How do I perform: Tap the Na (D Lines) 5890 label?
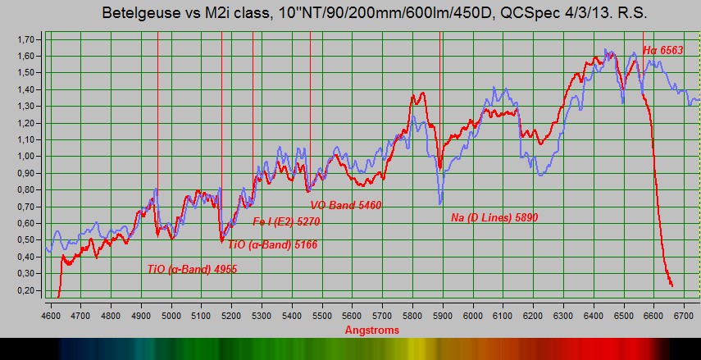click(x=494, y=218)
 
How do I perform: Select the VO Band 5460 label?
click(x=346, y=205)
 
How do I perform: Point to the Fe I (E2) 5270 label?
click(x=287, y=221)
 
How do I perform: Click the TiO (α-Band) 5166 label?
click(x=273, y=244)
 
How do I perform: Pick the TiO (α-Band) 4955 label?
click(x=192, y=269)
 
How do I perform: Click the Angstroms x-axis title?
click(x=372, y=330)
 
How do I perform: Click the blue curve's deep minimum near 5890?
click(x=440, y=203)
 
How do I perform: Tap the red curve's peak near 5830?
click(x=421, y=93)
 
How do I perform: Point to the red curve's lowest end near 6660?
click(x=672, y=285)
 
